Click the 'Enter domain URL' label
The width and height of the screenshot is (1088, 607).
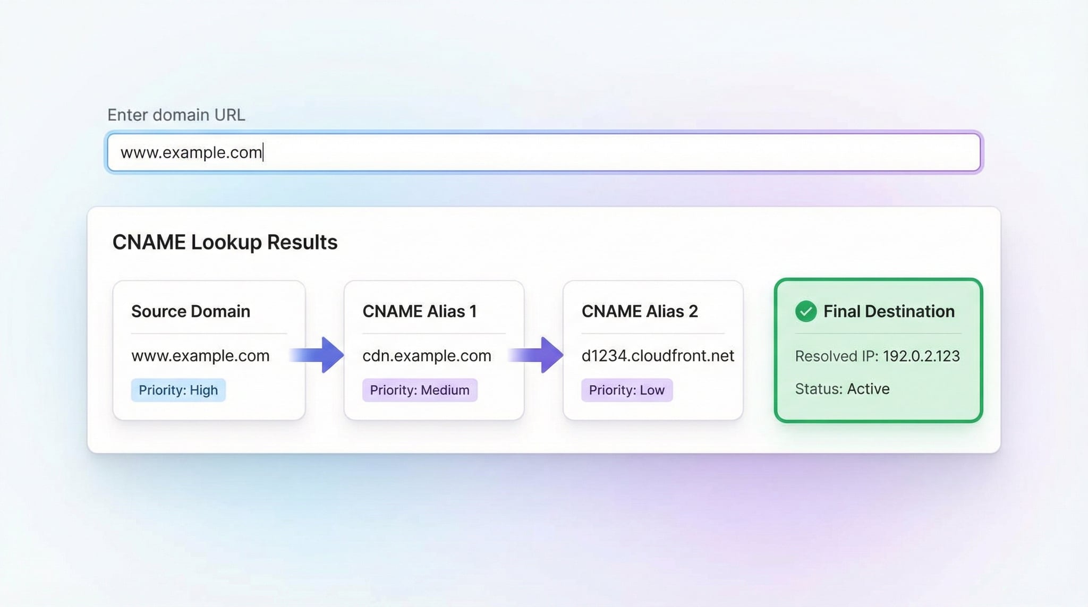pyautogui.click(x=176, y=115)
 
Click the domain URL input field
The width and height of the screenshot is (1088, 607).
pyautogui.click(x=543, y=152)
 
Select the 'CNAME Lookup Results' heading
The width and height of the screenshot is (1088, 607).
pyautogui.click(x=225, y=242)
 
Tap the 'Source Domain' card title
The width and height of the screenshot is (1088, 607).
pyautogui.click(x=190, y=311)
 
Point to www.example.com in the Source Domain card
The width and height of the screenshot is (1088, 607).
pyautogui.click(x=200, y=355)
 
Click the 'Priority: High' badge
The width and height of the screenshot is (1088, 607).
pyautogui.click(x=178, y=390)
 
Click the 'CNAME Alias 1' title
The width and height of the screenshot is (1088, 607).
pyautogui.click(x=419, y=311)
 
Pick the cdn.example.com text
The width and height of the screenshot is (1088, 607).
pyautogui.click(x=427, y=355)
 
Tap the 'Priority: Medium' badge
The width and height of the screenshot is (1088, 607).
pyautogui.click(x=419, y=390)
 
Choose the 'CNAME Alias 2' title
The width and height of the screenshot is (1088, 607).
pyautogui.click(x=639, y=311)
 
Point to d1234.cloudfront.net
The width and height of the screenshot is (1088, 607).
pyautogui.click(x=657, y=355)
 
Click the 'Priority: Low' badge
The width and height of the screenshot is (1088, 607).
pyautogui.click(x=626, y=390)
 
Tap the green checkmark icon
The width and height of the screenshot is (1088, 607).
pyautogui.click(x=805, y=311)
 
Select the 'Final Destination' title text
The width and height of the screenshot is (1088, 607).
pyautogui.click(x=888, y=311)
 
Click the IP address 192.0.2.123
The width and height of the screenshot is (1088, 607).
pyautogui.click(x=921, y=356)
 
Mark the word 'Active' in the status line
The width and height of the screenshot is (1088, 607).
pyautogui.click(x=868, y=389)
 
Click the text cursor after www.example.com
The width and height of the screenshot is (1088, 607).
pyautogui.click(x=263, y=152)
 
